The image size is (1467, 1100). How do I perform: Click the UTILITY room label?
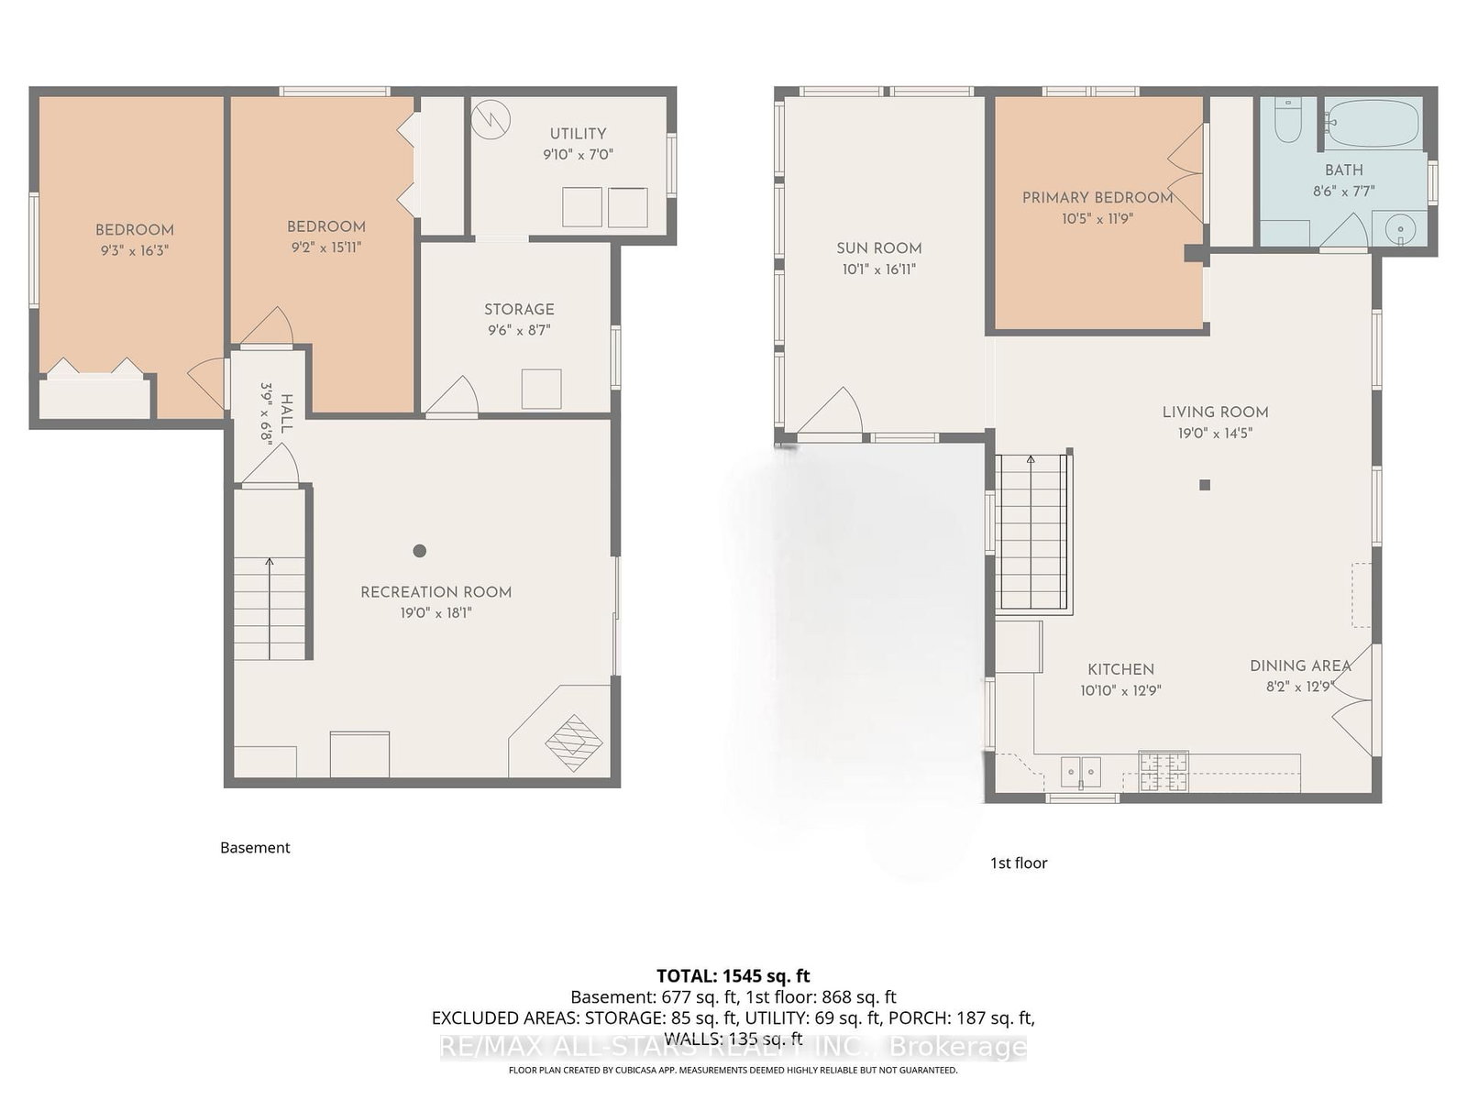[x=579, y=134]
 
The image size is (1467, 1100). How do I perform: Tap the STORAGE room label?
[x=519, y=309]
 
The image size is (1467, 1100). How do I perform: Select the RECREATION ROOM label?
[x=436, y=592]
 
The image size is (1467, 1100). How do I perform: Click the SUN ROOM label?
[x=879, y=248]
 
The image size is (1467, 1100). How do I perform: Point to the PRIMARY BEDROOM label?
[x=1097, y=198]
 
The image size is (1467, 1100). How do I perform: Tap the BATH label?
[x=1344, y=170]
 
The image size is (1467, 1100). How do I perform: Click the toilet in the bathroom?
[x=1287, y=121]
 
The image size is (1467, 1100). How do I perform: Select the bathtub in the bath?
[x=1374, y=123]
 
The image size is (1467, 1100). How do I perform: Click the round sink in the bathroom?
[x=1399, y=230]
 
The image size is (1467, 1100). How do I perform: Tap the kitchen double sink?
[x=1081, y=772]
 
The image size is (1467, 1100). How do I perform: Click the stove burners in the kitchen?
[x=1164, y=772]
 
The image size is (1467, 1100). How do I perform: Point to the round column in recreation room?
[x=420, y=551]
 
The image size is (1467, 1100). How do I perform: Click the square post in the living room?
[x=1205, y=485]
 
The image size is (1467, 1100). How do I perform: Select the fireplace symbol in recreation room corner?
[x=574, y=743]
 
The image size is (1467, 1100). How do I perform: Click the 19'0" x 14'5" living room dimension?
[x=1215, y=434]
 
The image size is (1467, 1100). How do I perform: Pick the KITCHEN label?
[x=1120, y=670]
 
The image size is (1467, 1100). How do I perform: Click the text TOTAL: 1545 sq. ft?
[x=733, y=975]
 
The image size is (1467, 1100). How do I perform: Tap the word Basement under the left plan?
[x=255, y=848]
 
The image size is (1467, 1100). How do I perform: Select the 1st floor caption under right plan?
[x=1019, y=863]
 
